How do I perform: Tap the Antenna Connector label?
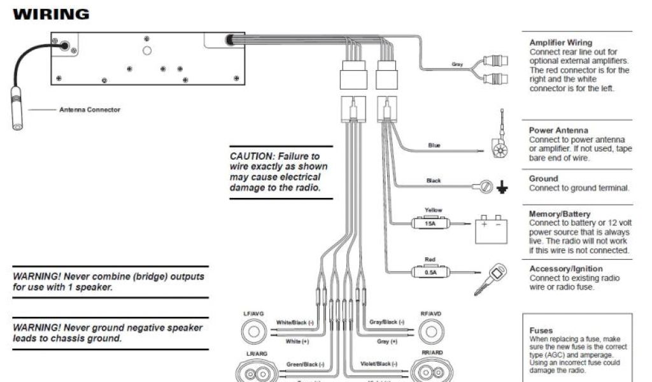(x=89, y=110)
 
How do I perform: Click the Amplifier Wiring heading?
(x=560, y=43)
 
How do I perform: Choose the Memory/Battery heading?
(x=560, y=214)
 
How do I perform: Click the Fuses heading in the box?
(x=541, y=330)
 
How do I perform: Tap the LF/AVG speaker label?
(x=254, y=314)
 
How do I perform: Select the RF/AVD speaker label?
(x=431, y=314)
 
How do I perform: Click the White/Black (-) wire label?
(x=295, y=323)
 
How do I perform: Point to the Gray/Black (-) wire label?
(x=387, y=323)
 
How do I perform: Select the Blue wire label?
(x=434, y=146)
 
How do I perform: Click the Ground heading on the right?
(x=543, y=179)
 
